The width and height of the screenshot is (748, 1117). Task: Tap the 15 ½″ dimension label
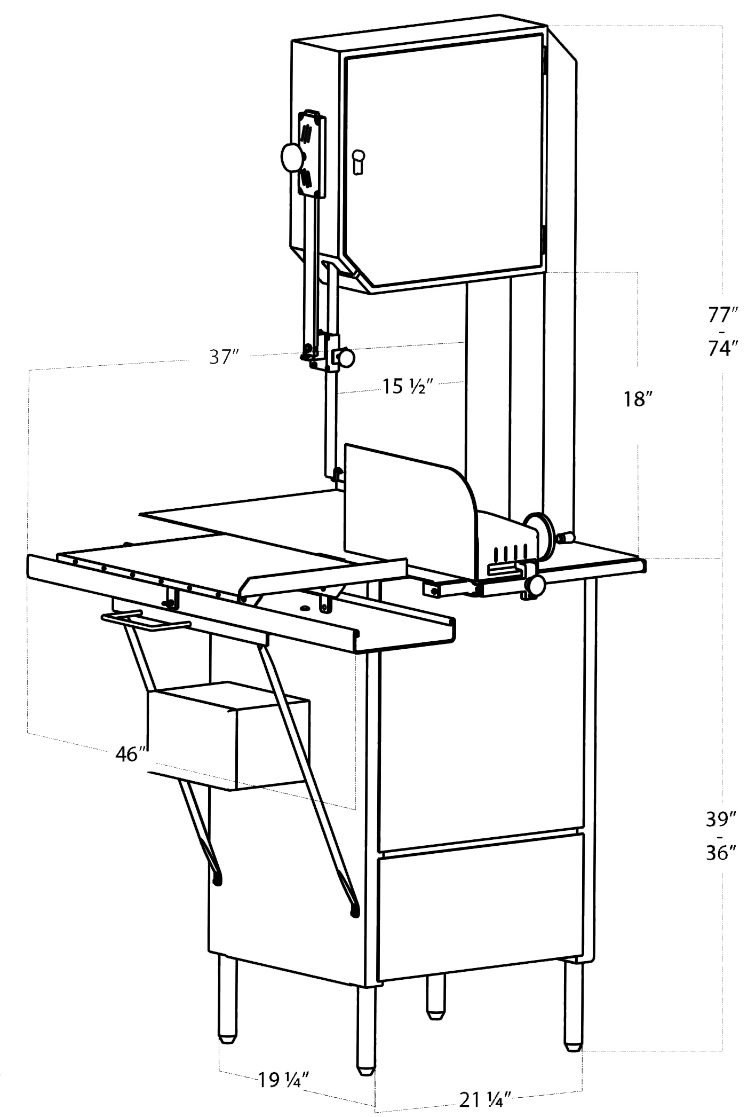pos(406,386)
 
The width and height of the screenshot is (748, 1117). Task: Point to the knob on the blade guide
pos(345,358)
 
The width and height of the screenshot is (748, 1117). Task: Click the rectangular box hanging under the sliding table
pos(228,736)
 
